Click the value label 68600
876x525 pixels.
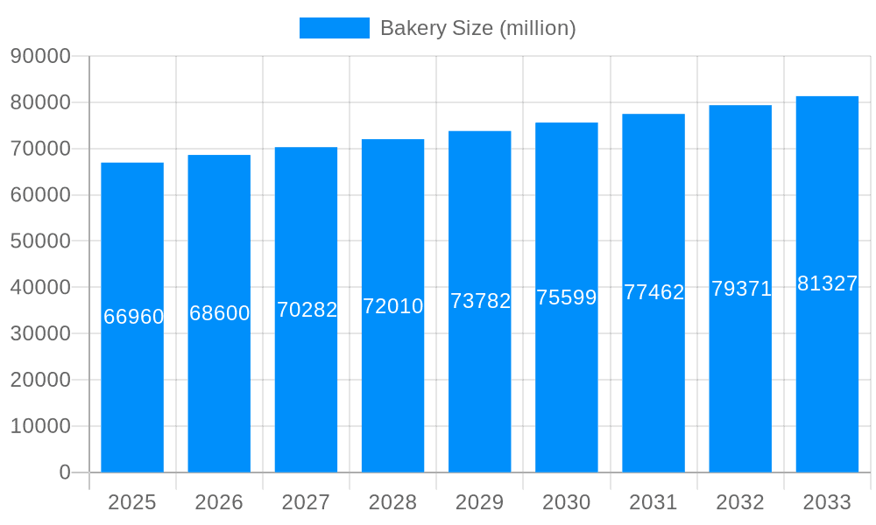pos(220,313)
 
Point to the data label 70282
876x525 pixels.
pos(307,310)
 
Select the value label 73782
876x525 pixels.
pos(480,301)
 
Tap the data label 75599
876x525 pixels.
pos(567,297)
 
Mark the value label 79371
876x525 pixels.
pos(741,289)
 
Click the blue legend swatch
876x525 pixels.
pos(334,28)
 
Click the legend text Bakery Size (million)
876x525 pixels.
pos(477,28)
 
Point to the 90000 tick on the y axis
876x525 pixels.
pos(40,56)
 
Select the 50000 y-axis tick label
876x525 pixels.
pos(40,241)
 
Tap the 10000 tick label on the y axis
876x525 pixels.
pos(40,426)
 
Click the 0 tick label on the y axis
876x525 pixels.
pos(65,472)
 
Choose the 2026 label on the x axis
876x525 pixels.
pos(219,502)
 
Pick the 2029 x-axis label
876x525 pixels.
pos(480,502)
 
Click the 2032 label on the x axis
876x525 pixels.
pos(740,502)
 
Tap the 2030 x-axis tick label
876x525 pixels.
pos(567,502)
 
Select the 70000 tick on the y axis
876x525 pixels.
pos(40,149)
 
